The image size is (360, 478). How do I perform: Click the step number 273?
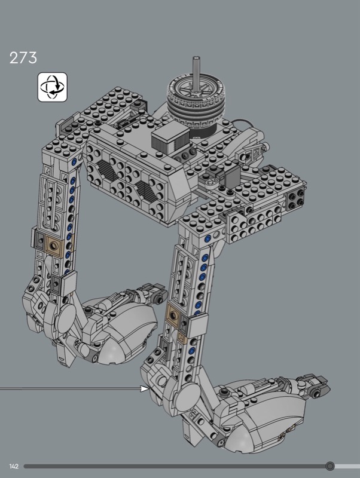23,57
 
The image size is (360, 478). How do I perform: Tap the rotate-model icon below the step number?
53,87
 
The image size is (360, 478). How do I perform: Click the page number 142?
14,466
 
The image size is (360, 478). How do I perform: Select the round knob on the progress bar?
330,466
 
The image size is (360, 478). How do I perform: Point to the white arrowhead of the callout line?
145,388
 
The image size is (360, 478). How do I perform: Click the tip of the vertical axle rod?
197,57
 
